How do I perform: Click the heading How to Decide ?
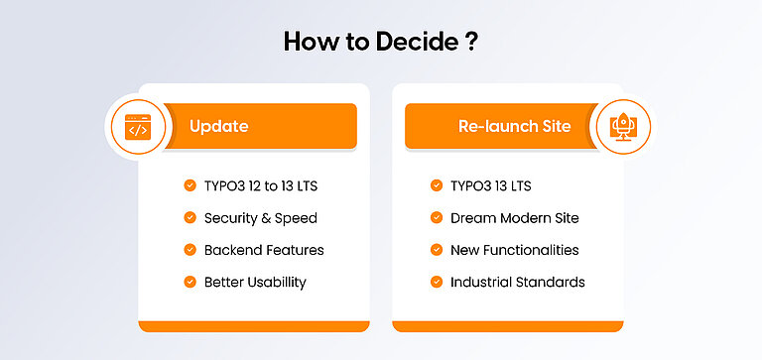tap(381, 41)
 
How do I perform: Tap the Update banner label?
tap(218, 127)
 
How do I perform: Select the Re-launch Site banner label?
tap(514, 127)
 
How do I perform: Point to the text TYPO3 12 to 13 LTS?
tap(262, 185)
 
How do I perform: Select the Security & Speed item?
tap(261, 217)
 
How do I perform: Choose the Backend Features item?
tap(264, 250)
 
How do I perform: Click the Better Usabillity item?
tap(255, 282)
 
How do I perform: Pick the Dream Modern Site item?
tap(514, 217)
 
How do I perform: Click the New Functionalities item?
tap(514, 250)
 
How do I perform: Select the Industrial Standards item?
tap(517, 282)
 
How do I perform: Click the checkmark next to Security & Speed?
tap(190, 217)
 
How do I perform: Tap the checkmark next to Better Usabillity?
tap(190, 282)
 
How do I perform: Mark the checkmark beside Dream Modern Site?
tap(436, 217)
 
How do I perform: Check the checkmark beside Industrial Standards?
tap(436, 282)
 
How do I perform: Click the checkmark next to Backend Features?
tap(190, 250)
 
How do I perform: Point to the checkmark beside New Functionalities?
tap(436, 250)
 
